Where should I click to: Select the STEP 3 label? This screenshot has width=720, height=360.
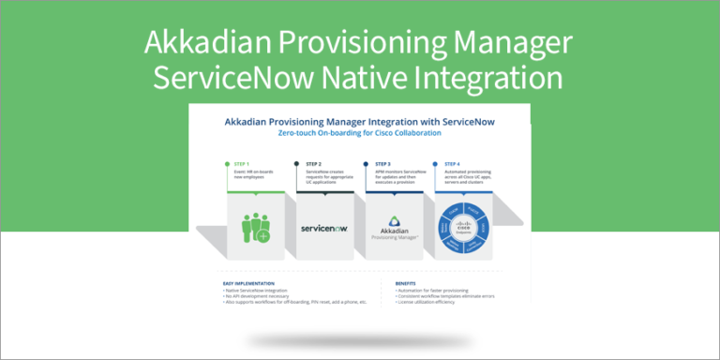coord(384,163)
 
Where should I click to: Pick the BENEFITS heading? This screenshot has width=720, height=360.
coord(405,282)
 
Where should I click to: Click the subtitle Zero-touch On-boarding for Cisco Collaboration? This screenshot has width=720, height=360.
coord(359,133)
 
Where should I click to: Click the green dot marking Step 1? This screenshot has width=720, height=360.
coord(228,163)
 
